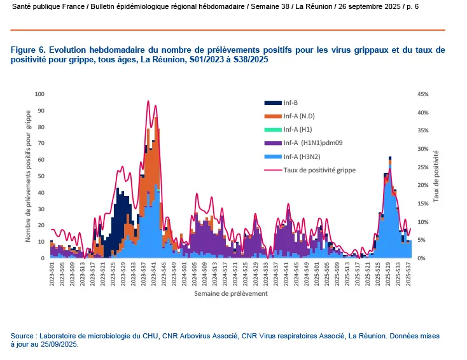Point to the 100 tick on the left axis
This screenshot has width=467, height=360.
(40, 94)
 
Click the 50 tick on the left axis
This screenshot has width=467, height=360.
(42, 176)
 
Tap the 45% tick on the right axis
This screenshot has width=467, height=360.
(424, 94)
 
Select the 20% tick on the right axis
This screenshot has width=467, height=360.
(424, 186)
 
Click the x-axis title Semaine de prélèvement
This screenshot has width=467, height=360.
(231, 294)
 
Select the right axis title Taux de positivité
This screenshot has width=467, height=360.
(437, 176)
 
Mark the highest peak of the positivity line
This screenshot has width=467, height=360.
(148, 101)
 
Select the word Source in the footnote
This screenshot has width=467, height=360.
(23, 335)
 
